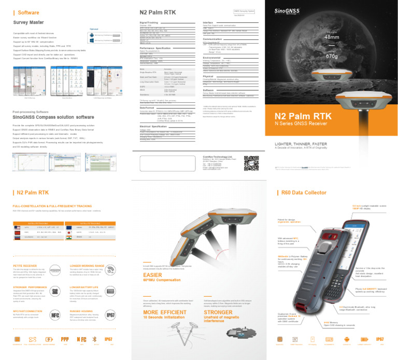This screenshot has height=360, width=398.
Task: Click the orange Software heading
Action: click(28, 12)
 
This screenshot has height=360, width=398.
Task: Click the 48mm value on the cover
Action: click(331, 37)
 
